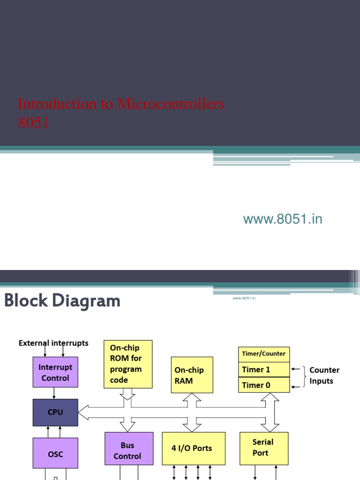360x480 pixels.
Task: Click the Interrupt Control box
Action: (55, 372)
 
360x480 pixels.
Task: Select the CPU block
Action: (55, 412)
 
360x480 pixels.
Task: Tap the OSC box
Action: (55, 454)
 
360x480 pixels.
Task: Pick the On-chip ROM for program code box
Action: (128, 364)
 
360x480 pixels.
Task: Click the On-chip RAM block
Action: (192, 375)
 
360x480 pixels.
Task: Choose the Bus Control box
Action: (128, 450)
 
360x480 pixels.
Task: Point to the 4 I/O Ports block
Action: (194, 449)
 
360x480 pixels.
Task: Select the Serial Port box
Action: (263, 448)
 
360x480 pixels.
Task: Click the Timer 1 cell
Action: (263, 369)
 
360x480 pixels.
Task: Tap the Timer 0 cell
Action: (263, 385)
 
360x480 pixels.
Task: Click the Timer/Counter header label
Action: (263, 354)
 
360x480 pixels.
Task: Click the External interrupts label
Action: (53, 343)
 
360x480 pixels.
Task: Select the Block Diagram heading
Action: (62, 301)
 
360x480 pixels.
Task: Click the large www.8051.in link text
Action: (283, 219)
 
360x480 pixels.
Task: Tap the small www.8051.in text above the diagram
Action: (244, 298)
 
